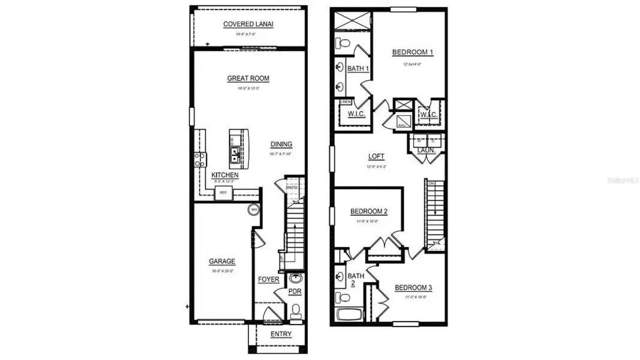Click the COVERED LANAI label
click(248, 24)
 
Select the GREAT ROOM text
click(248, 78)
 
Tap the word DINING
click(281, 144)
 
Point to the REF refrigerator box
click(223, 193)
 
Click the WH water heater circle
click(254, 210)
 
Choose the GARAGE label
click(222, 261)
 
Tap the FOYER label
click(269, 280)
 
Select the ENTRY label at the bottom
click(281, 334)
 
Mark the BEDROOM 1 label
click(413, 52)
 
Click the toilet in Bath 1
click(342, 43)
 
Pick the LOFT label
click(377, 157)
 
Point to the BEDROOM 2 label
click(369, 211)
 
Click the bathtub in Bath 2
click(347, 314)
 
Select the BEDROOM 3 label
click(413, 287)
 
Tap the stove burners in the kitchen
click(199, 160)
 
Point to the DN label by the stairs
click(431, 184)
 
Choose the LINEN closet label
click(345, 103)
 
